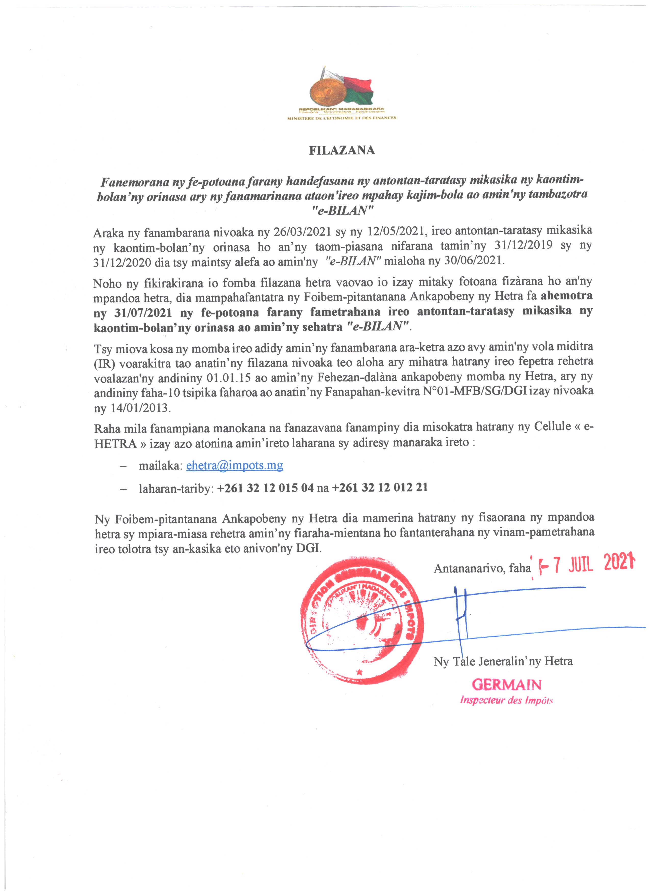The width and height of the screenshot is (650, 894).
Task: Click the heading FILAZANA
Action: click(342, 150)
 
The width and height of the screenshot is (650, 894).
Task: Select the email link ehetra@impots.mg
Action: click(235, 466)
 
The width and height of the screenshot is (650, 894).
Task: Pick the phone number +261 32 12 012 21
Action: click(380, 488)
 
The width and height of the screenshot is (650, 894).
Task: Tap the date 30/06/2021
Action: click(474, 260)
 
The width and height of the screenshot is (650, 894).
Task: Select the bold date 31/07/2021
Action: click(143, 313)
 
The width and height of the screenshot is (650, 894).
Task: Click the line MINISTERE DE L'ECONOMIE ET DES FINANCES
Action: click(342, 118)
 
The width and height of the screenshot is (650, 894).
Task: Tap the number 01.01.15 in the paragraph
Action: click(229, 378)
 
